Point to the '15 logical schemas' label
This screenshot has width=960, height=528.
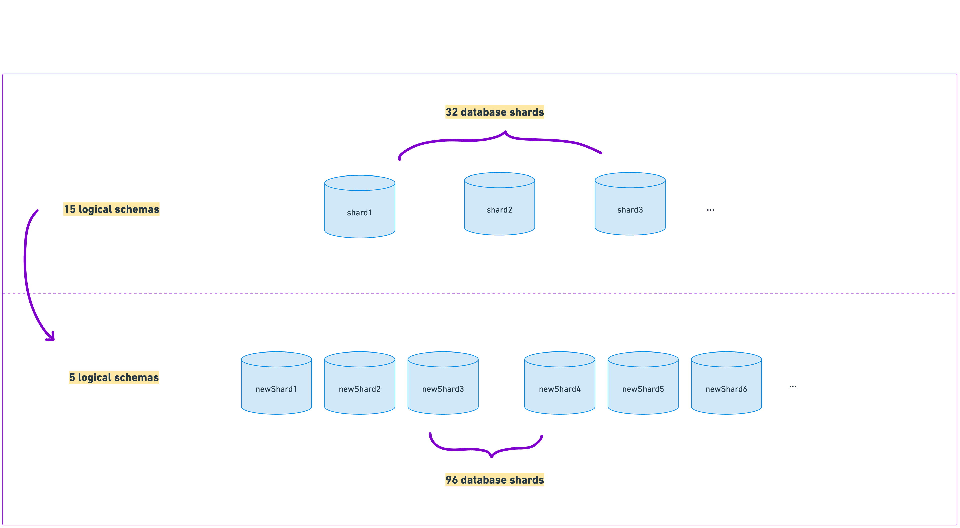tap(111, 209)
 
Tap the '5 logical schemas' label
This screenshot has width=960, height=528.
tap(114, 377)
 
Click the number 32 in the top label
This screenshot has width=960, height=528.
tap(452, 112)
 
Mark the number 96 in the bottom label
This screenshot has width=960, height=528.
tap(452, 480)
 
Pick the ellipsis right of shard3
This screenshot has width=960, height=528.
tap(710, 210)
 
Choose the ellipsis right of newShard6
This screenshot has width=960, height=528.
tap(793, 386)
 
